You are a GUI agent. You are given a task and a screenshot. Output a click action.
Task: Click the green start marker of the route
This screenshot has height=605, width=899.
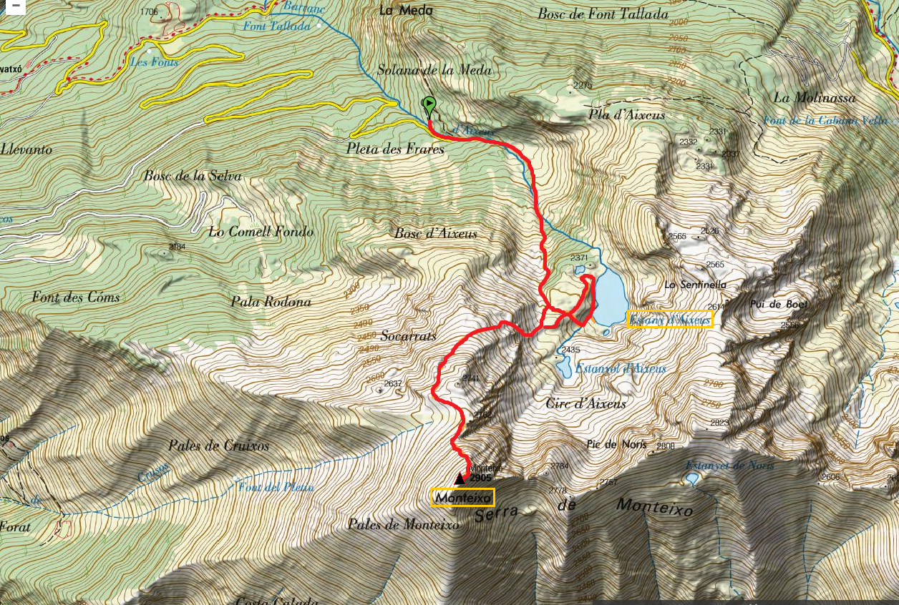pos(429,106)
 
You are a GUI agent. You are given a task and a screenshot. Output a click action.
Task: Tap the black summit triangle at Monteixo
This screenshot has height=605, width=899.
pos(460,478)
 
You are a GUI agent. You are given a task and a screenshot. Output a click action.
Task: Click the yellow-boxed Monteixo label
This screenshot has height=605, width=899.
pos(462,497)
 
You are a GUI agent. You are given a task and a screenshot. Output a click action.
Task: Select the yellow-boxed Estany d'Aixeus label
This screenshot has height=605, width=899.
pos(670,320)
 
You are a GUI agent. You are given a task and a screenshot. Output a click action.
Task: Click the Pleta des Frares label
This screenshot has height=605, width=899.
pos(395,149)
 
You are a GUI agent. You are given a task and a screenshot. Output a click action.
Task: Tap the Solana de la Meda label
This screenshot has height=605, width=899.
pos(434,69)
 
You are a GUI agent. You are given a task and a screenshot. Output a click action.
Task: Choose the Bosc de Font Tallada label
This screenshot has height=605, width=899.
pos(603,14)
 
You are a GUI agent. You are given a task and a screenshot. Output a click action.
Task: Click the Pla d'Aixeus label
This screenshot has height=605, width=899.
pos(626,114)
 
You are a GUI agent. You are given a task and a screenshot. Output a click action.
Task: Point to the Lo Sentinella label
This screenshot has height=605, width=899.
pos(695,285)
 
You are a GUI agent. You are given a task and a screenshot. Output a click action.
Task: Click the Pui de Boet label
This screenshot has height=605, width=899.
pos(779,304)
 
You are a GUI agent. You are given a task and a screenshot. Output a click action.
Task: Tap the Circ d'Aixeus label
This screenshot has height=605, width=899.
pos(585,403)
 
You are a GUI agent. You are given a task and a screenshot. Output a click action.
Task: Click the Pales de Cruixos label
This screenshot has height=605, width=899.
pos(219,446)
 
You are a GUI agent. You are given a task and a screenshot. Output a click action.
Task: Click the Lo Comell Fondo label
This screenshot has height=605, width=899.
pos(261,232)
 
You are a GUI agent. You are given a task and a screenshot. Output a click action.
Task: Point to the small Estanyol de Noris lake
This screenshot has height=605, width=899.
pos(692,478)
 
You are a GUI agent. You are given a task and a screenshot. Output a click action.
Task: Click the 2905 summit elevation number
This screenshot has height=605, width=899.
pos(481,478)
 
